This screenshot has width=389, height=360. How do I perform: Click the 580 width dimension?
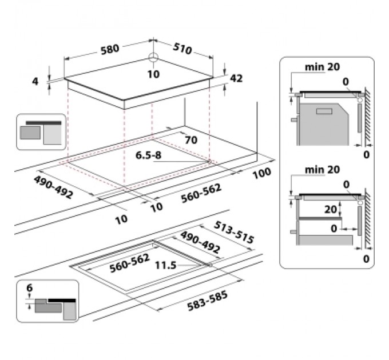(x=109, y=49)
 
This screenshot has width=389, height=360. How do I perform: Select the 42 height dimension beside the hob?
(x=236, y=78)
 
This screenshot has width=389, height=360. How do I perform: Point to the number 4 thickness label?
(x=35, y=81)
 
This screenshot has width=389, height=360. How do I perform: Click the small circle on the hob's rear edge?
(x=153, y=58)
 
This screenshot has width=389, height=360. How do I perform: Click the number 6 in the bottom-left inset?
(x=30, y=289)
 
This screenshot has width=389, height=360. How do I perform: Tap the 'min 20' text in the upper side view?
(x=322, y=67)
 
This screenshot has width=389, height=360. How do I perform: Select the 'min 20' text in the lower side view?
(x=322, y=170)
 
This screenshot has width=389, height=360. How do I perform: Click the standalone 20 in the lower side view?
(x=330, y=209)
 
